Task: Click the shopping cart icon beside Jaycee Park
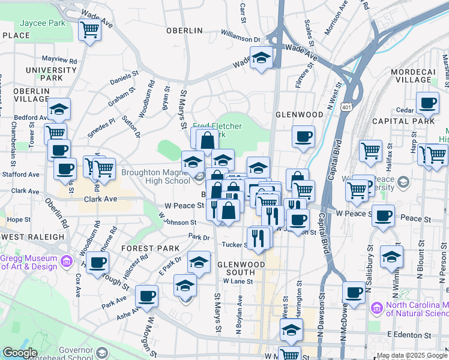[x=89, y=29]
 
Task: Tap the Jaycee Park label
[x=42, y=24]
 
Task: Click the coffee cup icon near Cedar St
[x=427, y=103]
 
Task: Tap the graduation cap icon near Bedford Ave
[x=59, y=109]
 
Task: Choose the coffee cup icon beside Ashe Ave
[x=146, y=295]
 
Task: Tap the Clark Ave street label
[x=99, y=199]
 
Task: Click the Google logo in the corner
[x=20, y=353]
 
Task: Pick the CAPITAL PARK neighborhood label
[x=412, y=121]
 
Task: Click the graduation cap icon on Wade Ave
[x=261, y=58]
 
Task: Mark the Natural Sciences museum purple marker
[x=377, y=308]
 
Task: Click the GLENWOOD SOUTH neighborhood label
[x=241, y=268]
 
